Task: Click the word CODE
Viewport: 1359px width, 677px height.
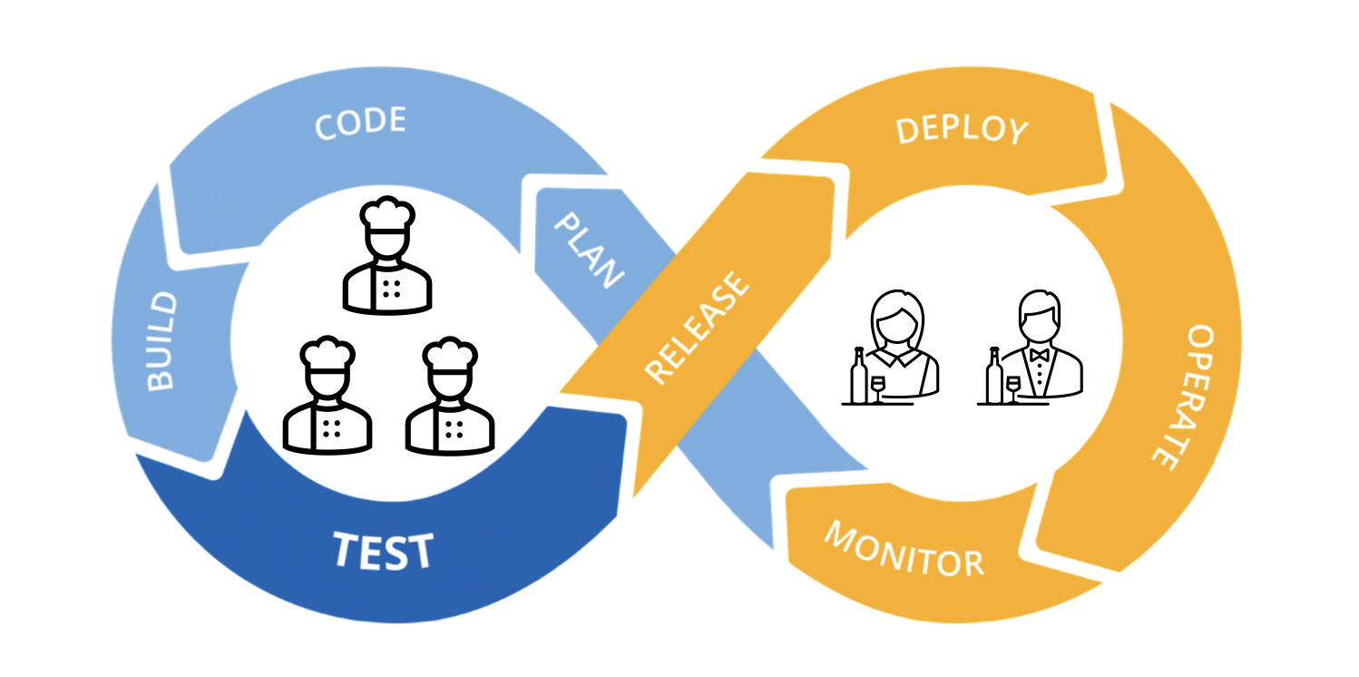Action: (x=360, y=123)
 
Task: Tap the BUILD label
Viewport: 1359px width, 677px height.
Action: (x=161, y=341)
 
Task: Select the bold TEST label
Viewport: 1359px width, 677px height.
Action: (x=383, y=550)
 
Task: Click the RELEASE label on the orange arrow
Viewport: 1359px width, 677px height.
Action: (x=698, y=327)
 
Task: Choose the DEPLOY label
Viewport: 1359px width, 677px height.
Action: (x=962, y=129)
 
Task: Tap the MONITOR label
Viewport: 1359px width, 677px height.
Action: (x=904, y=549)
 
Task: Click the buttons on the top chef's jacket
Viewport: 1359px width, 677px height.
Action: (x=392, y=288)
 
